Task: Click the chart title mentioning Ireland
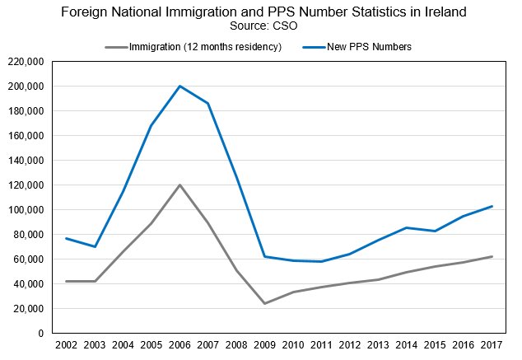coord(261,12)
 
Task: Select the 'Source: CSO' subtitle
coord(261,26)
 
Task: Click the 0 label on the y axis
coord(40,334)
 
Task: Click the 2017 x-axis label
coord(492,344)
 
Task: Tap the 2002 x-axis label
coord(66,344)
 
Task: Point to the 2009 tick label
coord(264,344)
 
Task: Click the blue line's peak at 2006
coord(179,86)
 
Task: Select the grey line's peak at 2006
coord(179,185)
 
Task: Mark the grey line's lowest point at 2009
coord(264,303)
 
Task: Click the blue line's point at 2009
coord(264,256)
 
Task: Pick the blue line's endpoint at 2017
coord(492,206)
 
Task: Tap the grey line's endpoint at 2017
coord(492,256)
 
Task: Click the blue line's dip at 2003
coord(94,247)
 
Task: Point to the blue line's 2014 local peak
coord(406,227)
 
